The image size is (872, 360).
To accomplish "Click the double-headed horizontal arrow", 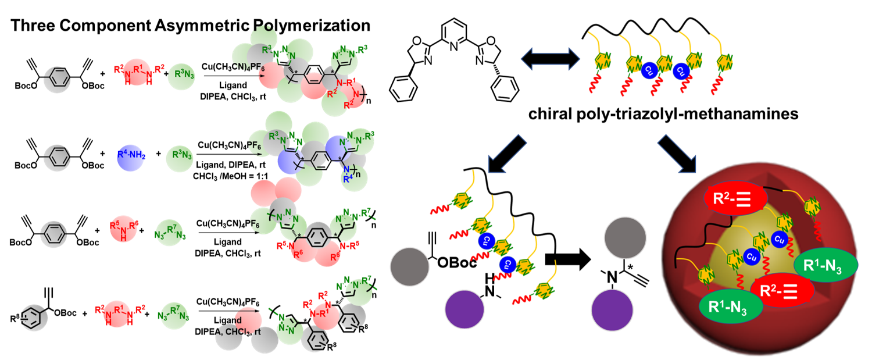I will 550,58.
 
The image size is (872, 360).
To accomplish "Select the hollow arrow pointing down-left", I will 506,154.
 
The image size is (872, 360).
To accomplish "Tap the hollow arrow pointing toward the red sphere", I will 677,154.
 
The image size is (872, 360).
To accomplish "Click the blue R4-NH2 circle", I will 131,156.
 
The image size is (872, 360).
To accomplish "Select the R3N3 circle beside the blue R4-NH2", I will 180,156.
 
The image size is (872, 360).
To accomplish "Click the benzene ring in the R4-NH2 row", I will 57,156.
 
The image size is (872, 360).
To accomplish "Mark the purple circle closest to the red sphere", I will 612,308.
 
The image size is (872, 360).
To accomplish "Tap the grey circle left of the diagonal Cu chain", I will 409,267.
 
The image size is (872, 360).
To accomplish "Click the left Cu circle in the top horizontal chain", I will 649,71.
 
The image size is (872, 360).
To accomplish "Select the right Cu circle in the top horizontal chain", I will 681,71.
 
